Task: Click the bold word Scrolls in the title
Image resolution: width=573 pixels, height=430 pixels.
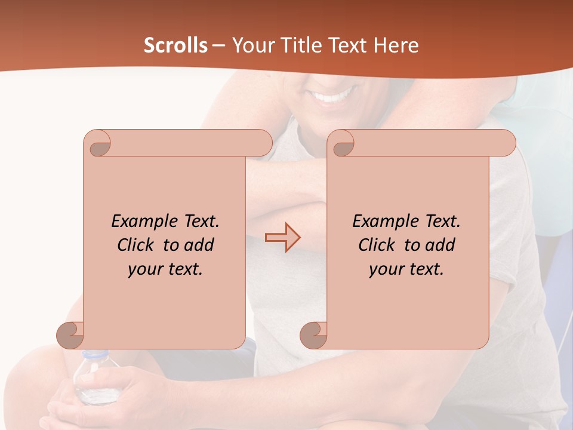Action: coord(175,45)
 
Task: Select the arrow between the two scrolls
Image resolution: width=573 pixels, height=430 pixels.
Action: coord(282,237)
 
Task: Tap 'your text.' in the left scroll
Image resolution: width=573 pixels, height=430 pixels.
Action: coord(165,269)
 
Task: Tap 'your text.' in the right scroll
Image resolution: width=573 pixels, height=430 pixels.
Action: coord(406,269)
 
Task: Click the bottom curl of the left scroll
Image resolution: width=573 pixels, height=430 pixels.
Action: coord(70,334)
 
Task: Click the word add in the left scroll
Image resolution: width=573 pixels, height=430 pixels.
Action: coord(199,245)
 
